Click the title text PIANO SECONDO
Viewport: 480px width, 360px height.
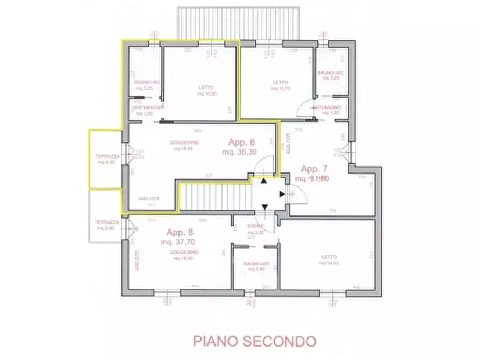(254, 341)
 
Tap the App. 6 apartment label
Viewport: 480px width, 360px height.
(242, 142)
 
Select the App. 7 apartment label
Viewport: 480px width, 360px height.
(314, 168)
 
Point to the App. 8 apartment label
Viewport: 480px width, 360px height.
(179, 233)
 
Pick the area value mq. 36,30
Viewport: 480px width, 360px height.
(240, 152)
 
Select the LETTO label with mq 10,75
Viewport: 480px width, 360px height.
(281, 82)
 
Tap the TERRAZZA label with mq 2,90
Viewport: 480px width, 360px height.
(105, 222)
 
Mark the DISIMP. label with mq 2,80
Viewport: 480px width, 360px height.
(254, 226)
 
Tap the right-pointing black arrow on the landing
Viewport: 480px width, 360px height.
(282, 194)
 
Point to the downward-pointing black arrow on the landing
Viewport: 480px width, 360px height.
(263, 207)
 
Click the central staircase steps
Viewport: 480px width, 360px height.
(215, 197)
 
